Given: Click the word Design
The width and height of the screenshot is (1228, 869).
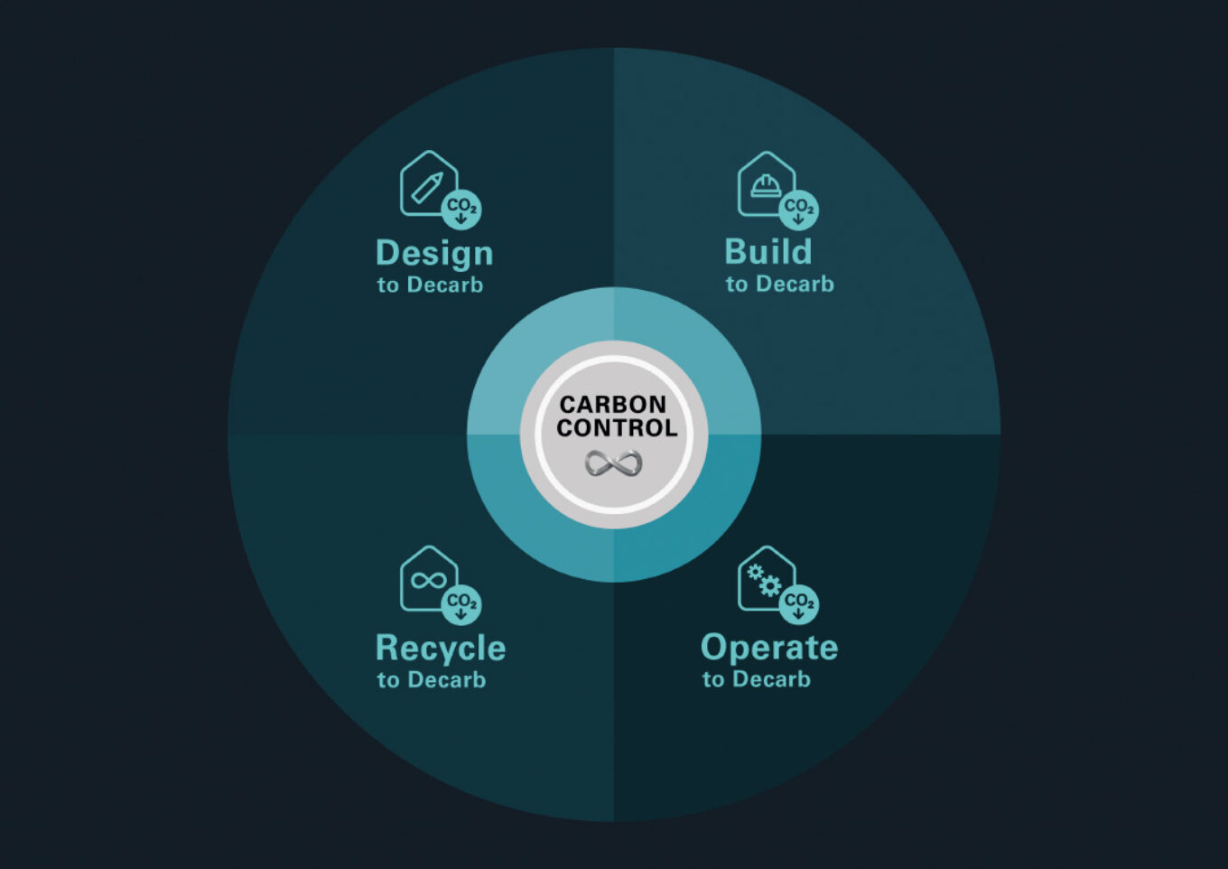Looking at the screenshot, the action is (x=434, y=254).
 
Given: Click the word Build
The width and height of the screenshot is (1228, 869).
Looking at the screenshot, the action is (x=768, y=251).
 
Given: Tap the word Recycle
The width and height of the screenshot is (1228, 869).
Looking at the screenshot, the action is (x=441, y=649).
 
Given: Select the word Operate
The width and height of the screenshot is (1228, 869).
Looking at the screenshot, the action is (x=769, y=648).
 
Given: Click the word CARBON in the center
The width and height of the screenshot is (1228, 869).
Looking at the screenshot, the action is (x=613, y=405).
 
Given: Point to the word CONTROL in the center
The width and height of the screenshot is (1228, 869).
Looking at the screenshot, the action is (x=617, y=428).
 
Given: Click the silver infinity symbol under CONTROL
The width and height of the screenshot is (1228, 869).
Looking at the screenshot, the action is (x=613, y=463).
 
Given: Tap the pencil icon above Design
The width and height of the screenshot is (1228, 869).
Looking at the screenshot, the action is (x=427, y=188).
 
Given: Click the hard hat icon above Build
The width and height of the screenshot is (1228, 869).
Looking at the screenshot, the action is (x=766, y=185).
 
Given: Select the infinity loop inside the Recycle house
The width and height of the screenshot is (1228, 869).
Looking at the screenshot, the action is (x=429, y=581).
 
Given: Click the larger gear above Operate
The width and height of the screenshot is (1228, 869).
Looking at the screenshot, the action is (x=770, y=586).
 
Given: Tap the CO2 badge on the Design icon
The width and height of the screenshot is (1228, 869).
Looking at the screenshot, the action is (x=461, y=209).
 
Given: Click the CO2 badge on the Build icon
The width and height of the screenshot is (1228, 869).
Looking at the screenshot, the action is (x=799, y=209).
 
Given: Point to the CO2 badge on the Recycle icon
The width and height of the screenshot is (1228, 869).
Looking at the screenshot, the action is (x=461, y=604).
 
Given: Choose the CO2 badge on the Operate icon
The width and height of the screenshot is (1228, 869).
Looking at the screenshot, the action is (x=799, y=604).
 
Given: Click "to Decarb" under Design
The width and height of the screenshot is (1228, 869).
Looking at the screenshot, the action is (x=431, y=285).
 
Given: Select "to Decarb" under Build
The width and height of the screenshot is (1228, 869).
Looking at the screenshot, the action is (x=779, y=284).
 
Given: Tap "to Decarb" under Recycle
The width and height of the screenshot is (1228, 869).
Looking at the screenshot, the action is (x=432, y=679).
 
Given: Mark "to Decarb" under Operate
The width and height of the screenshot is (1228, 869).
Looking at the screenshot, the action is (x=757, y=679).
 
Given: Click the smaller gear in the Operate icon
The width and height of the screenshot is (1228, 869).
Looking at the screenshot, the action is (x=755, y=572).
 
